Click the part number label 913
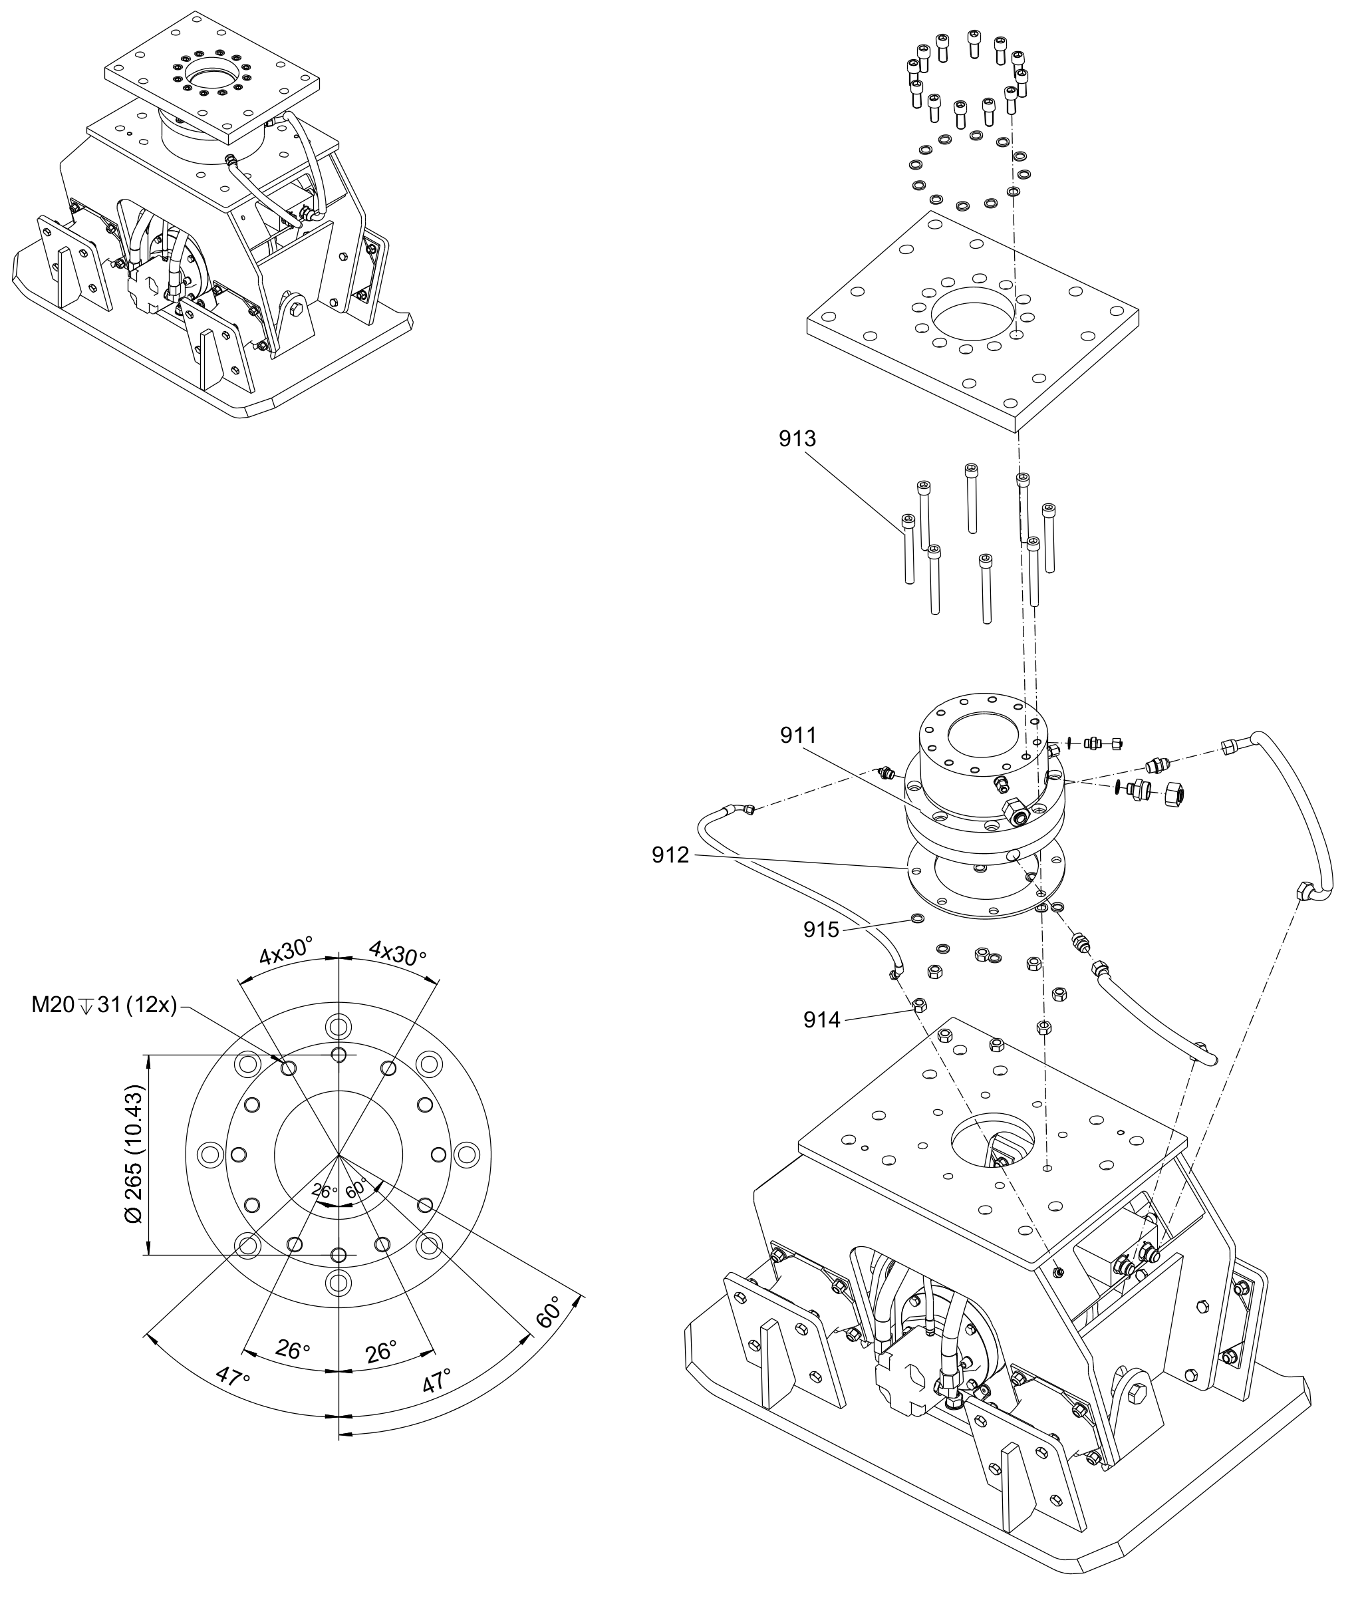click(797, 438)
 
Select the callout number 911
click(798, 735)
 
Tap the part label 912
click(670, 855)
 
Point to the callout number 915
click(821, 930)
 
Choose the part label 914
click(821, 1020)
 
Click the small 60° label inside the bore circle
click(356, 1190)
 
